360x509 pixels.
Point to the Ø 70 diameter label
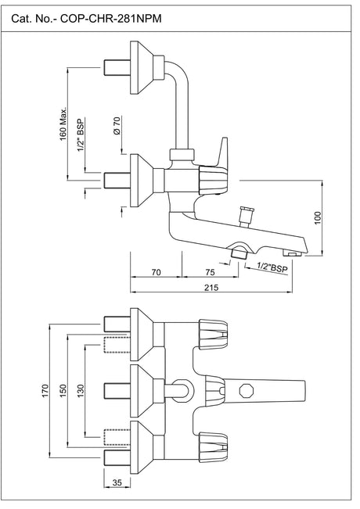(116, 127)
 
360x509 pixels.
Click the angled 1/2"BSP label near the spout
(272, 267)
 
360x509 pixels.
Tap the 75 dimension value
(210, 272)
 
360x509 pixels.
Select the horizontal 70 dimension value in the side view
(156, 272)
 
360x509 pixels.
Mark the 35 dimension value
(117, 484)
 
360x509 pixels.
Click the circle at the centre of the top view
(182, 389)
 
